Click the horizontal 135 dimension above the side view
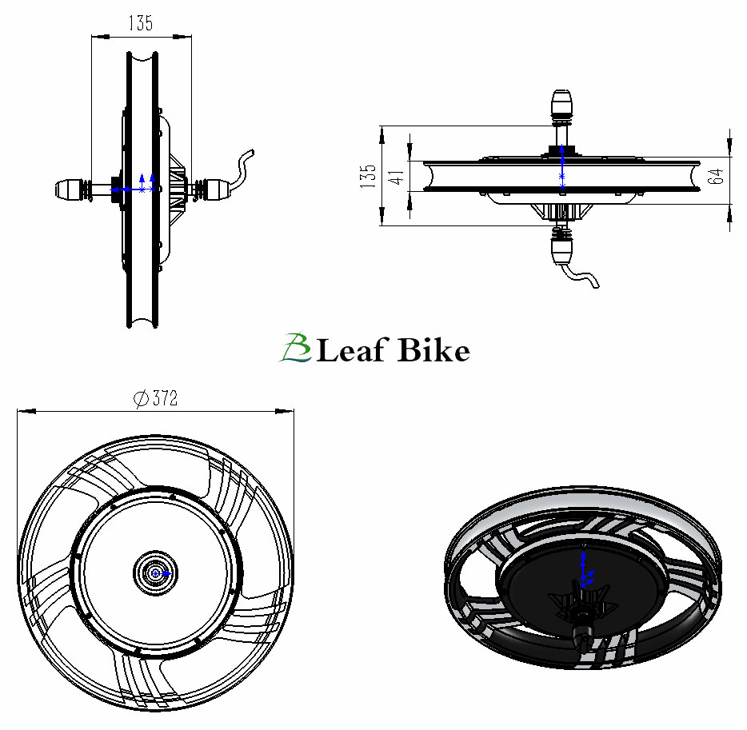[x=140, y=23]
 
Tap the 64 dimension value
[x=717, y=175]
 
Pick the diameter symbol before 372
[x=140, y=398]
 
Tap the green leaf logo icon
[x=294, y=349]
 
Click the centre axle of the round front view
[x=151, y=572]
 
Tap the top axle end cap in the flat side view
[x=561, y=105]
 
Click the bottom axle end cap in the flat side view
[x=562, y=249]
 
